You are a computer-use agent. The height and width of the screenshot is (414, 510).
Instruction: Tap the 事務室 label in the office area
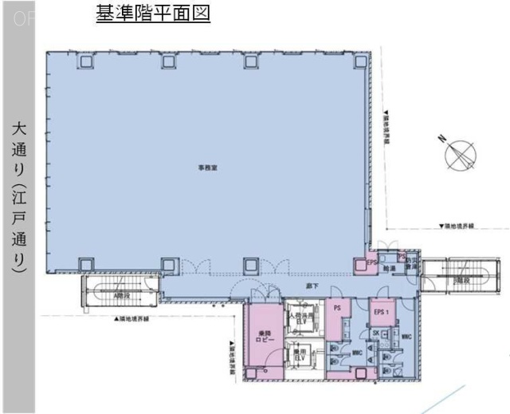tap(207, 168)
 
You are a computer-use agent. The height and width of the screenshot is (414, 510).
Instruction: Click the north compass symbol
tap(458, 153)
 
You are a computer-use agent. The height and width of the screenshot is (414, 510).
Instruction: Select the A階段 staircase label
tap(121, 294)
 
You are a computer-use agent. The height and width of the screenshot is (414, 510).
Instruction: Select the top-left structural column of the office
tap(83, 62)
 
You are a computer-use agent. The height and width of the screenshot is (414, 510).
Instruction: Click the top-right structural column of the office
tap(335, 62)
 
